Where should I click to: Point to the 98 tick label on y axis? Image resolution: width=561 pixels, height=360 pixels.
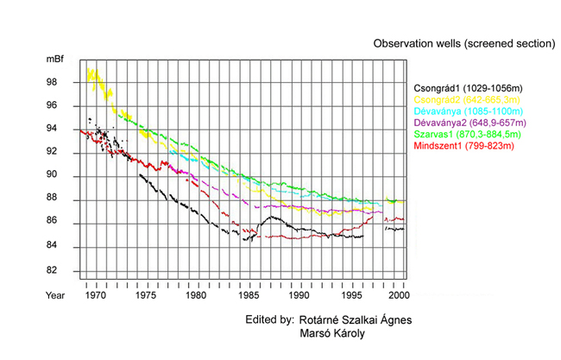click(x=52, y=82)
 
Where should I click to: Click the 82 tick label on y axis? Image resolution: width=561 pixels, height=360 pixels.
click(x=52, y=270)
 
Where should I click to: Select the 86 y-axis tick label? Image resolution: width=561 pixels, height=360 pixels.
click(x=52, y=223)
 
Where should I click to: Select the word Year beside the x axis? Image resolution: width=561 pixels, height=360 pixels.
click(x=56, y=295)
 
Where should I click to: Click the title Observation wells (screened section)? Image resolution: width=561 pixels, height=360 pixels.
click(x=463, y=42)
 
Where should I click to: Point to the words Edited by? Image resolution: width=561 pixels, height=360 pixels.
click(x=269, y=319)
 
